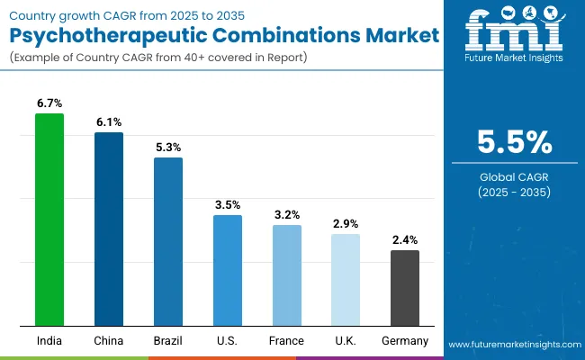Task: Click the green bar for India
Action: tap(49, 220)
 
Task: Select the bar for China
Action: tap(109, 229)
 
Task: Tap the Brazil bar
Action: tap(168, 241)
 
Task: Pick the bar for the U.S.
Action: tap(228, 270)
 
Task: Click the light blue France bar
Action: tap(286, 275)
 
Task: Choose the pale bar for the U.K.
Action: tap(346, 280)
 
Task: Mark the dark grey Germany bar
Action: tap(405, 288)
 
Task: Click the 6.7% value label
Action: tap(49, 103)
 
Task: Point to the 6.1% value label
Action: tap(109, 121)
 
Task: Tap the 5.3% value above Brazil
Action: tap(168, 147)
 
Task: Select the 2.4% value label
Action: tap(405, 239)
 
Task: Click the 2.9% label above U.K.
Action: tap(346, 223)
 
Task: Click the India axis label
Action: tap(49, 341)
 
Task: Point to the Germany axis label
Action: tap(405, 341)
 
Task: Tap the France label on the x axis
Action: tap(286, 341)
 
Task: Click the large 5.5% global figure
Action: tap(514, 142)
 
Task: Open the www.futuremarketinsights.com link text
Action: tap(513, 345)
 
